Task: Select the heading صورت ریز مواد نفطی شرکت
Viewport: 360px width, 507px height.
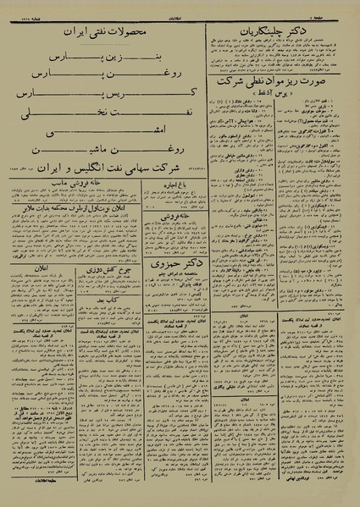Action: (285, 85)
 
